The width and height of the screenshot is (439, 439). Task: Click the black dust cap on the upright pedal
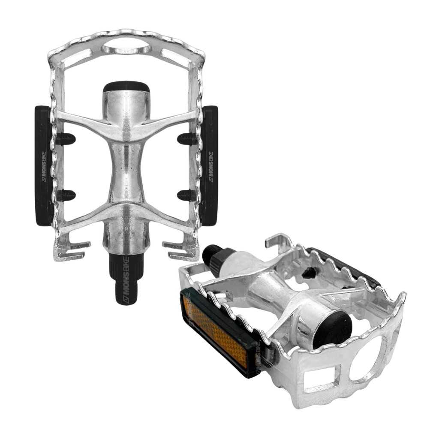[x=126, y=87]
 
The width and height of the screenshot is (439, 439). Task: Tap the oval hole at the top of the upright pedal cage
[x=126, y=47]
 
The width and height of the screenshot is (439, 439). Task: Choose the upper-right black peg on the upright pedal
[x=187, y=139]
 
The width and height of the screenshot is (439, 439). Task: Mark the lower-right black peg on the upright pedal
[x=186, y=195]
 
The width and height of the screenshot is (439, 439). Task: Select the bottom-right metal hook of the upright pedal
[x=183, y=251]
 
